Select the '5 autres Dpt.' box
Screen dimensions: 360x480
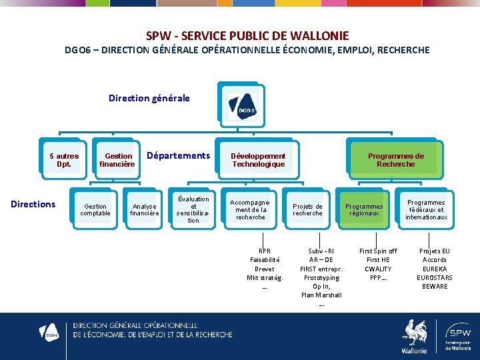click(x=64, y=160)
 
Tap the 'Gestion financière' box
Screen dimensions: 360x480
click(x=118, y=160)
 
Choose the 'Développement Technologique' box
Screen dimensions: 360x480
click(x=258, y=160)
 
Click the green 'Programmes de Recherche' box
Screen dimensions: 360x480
click(x=395, y=160)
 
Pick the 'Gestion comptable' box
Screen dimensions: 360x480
click(x=95, y=210)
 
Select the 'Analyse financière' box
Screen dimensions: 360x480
click(x=144, y=210)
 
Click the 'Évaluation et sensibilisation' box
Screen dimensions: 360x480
click(x=193, y=209)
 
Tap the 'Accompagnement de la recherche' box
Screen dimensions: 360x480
click(x=251, y=209)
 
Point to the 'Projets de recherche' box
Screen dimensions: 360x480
click(x=307, y=210)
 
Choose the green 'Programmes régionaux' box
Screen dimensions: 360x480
click(x=364, y=210)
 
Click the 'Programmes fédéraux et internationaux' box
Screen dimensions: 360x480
click(x=426, y=210)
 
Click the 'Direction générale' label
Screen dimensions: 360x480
click(x=149, y=98)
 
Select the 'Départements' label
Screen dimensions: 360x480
click(x=178, y=155)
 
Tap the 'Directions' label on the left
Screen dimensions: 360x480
click(x=33, y=204)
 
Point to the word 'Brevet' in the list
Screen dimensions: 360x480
click(x=265, y=269)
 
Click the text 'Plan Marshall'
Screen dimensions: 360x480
click(x=321, y=295)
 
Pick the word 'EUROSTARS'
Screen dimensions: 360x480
click(x=435, y=277)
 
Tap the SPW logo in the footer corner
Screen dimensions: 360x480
click(x=458, y=335)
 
